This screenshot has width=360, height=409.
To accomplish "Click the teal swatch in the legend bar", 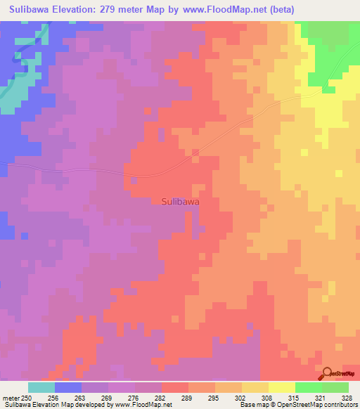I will [x=41, y=387].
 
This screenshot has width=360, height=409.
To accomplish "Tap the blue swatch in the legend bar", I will [x=68, y=387].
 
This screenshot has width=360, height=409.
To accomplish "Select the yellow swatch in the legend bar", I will [x=282, y=387].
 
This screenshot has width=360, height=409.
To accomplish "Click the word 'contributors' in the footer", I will [x=340, y=405].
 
